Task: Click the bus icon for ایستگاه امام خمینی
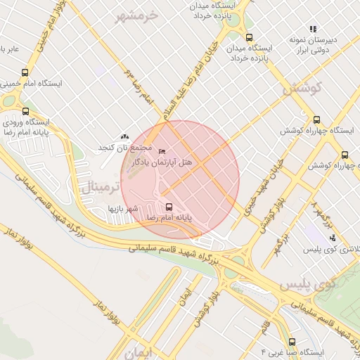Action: pos(25,72)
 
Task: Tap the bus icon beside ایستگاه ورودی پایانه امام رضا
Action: pos(26,111)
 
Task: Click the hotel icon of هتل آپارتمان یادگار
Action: pos(162,152)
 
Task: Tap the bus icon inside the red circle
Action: pos(168,207)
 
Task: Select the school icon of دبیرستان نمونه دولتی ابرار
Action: pos(313,30)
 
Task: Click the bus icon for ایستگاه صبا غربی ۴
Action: pos(292,342)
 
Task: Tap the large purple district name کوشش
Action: pos(302,89)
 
